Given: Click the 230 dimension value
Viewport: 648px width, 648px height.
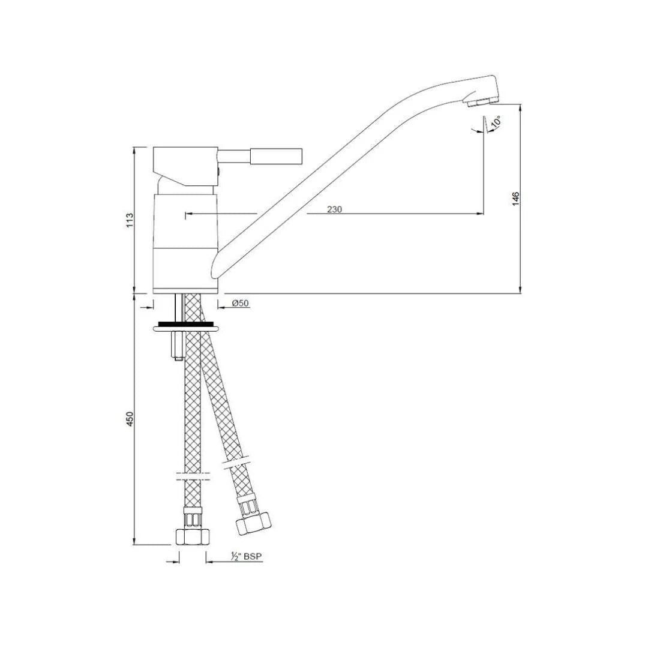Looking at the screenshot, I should coord(334,209).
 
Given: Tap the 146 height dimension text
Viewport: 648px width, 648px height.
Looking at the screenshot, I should coord(515,199).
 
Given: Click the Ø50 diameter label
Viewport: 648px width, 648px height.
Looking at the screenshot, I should coord(241,304).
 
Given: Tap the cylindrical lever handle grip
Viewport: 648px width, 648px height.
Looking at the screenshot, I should coord(277,157).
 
